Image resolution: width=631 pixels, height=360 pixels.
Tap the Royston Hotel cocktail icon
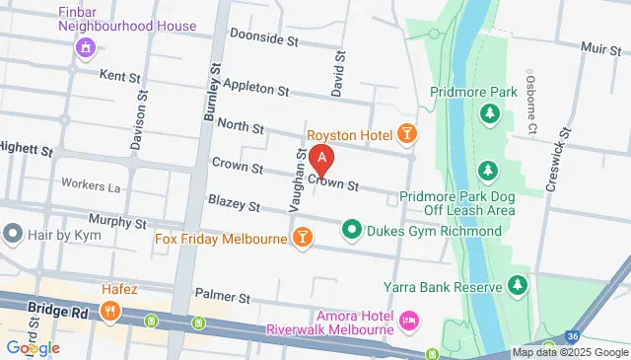406,133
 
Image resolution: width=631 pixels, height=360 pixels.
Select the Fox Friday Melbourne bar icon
302,237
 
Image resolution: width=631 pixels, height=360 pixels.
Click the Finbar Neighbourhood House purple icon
85,46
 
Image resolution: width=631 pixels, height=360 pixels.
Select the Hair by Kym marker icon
13,234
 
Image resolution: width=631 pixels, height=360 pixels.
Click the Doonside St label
263,37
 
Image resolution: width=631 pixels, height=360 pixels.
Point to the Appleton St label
255,87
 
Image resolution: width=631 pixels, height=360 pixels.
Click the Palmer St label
218,294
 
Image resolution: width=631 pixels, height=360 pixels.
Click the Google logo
33,347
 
